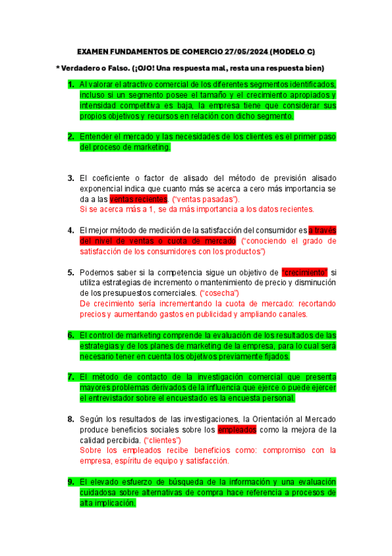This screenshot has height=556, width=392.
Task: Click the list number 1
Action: coord(71,85)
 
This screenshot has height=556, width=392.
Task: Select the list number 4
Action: coord(71,230)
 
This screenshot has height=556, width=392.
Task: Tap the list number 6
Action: coord(71,335)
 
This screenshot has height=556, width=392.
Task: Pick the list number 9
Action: coord(71,482)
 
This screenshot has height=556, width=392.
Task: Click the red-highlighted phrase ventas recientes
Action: coord(139,199)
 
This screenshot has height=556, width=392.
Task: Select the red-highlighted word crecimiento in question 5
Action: coord(304,272)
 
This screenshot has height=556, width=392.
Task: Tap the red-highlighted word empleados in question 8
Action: coord(238,429)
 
